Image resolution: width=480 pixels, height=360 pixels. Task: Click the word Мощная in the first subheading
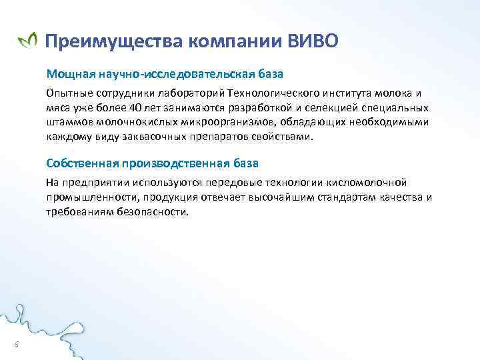point(66,72)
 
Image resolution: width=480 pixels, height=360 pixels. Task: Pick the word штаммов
point(67,122)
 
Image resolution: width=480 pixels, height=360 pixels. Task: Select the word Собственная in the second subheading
point(80,163)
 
